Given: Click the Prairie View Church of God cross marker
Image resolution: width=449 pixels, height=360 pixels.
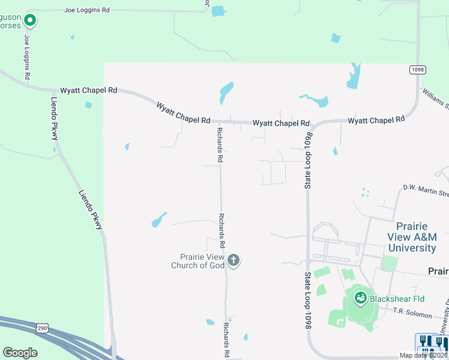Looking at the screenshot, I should click(234, 260).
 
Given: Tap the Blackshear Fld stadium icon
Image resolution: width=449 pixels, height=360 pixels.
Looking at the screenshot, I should click(360, 298).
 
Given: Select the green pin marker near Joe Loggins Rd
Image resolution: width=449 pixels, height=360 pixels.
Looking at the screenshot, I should click(29, 21).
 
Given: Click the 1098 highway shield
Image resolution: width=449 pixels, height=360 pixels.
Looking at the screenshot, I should click(418, 70).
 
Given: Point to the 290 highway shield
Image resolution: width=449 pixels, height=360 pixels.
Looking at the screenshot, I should click(41, 328).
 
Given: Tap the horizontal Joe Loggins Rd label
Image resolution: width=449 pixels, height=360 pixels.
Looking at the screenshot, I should click(87, 10).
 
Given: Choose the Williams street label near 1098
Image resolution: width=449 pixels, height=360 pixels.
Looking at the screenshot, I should click(435, 99).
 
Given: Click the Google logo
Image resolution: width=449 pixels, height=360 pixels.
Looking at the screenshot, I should click(20, 353).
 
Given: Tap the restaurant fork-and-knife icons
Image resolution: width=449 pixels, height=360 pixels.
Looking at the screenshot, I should click(432, 343).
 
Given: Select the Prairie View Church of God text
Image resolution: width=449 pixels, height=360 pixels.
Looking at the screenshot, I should click(197, 261).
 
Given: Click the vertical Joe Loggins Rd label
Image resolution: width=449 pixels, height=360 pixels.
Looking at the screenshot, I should click(27, 58).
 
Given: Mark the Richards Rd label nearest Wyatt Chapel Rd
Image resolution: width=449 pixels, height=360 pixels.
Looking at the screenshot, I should click(220, 145).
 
